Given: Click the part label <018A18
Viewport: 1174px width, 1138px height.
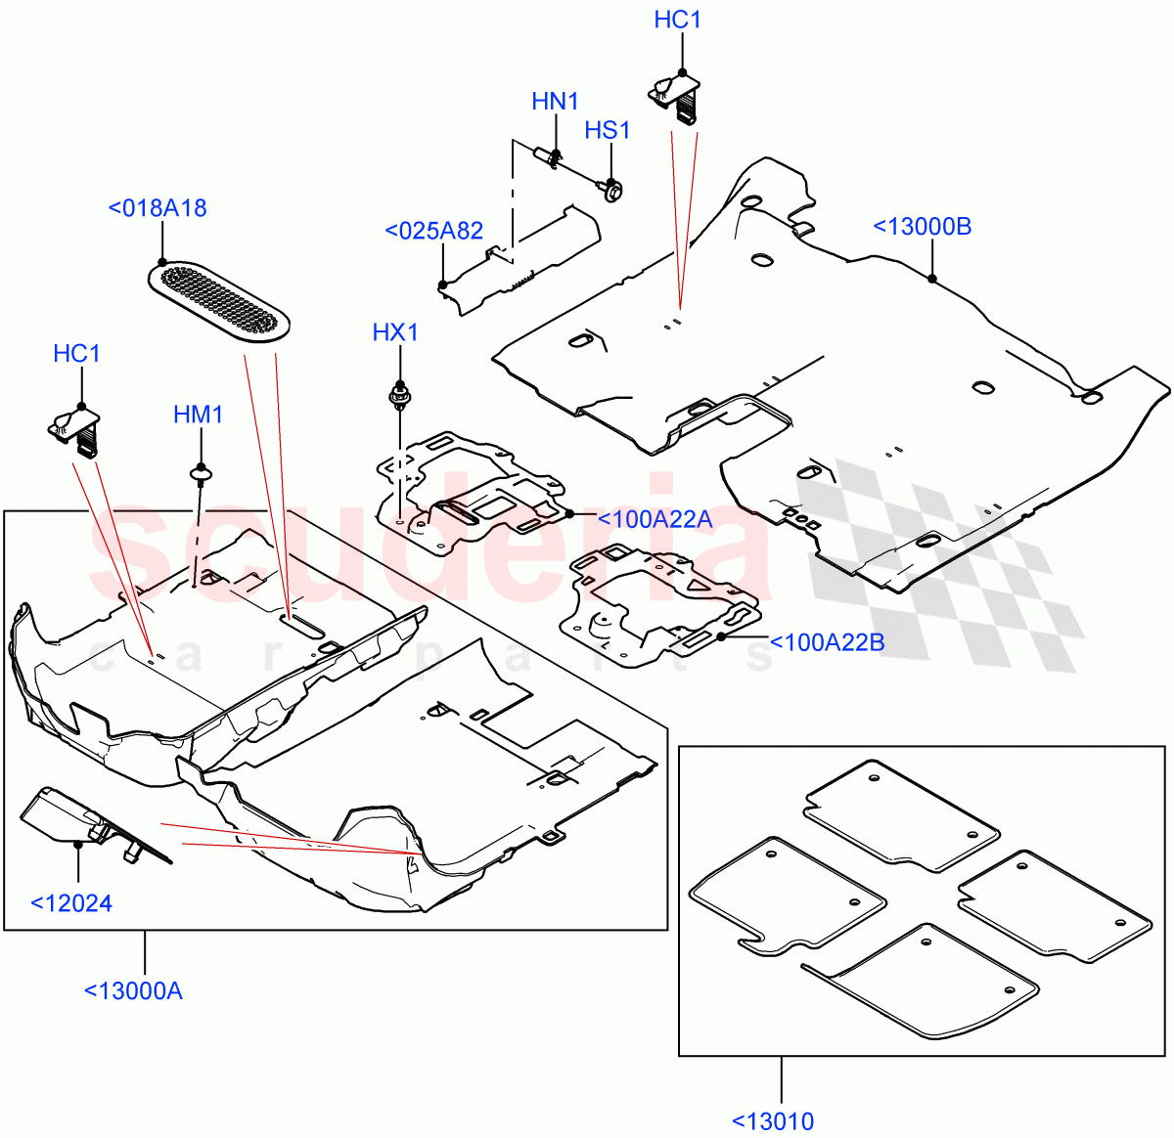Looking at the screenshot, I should (x=158, y=208).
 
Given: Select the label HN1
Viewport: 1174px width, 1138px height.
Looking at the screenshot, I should (x=556, y=101).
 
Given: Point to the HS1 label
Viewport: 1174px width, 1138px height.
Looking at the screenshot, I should (x=608, y=131).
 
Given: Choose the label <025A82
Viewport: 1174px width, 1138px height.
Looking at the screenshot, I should (x=434, y=231).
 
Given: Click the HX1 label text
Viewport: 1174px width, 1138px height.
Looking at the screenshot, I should (x=395, y=332).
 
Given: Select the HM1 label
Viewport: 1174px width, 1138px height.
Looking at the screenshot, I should (x=199, y=415).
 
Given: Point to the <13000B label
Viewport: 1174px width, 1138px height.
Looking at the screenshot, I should (x=923, y=227).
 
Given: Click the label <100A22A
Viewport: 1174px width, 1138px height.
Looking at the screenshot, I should (x=654, y=519).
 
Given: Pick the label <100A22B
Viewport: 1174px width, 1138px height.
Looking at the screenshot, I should (x=828, y=642).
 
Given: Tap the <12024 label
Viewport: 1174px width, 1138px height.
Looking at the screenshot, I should (x=71, y=902).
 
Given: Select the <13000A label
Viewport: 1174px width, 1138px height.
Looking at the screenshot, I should (x=133, y=990).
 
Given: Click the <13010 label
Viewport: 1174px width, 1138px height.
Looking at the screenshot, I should (x=773, y=1120).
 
